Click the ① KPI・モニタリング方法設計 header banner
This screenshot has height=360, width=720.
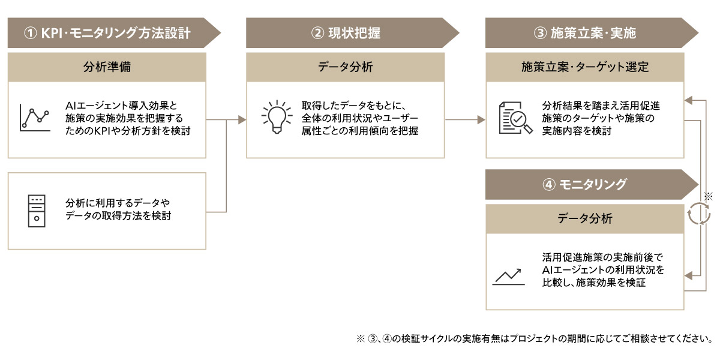tap(114, 33)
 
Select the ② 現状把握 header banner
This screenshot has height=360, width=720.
tap(353, 33)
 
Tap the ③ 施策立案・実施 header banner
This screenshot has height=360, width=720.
tap(592, 33)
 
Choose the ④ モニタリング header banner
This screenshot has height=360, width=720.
tap(592, 185)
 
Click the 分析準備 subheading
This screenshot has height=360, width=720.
tap(107, 67)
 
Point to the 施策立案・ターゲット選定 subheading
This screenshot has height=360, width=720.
tap(585, 67)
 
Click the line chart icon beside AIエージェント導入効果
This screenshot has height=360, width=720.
tap(35, 118)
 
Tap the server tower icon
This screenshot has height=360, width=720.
tap(37, 211)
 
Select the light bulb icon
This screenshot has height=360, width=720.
tap(277, 117)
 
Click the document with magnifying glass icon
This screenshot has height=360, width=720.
tap(515, 118)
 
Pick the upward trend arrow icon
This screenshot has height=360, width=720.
tap(509, 277)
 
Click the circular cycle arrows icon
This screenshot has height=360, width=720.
tap(699, 214)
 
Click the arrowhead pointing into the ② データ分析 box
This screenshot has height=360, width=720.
tap(242, 120)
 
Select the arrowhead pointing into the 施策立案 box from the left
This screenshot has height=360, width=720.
tap(481, 120)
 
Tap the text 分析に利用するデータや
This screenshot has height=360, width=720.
tap(118, 203)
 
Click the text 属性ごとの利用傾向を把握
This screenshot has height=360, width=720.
tap(360, 131)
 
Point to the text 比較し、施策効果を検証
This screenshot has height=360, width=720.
tap(594, 283)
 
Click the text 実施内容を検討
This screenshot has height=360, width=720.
tap(577, 131)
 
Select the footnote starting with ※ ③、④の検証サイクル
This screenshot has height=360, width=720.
tap(535, 338)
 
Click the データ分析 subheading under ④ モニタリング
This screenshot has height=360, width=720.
tap(585, 218)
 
